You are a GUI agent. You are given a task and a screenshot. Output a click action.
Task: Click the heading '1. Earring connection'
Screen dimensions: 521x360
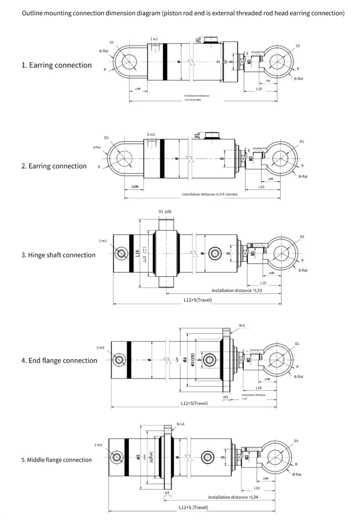click(57, 65)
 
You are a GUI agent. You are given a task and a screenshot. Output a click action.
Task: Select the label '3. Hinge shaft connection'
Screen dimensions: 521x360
click(58, 255)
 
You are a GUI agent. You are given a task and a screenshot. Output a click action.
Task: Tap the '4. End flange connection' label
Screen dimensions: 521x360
click(59, 361)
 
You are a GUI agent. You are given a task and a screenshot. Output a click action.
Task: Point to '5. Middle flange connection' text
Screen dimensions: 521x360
click(57, 460)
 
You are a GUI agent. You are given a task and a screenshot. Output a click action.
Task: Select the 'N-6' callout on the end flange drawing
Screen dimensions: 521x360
click(242, 325)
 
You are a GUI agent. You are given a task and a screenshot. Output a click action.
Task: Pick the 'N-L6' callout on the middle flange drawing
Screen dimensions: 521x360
click(180, 424)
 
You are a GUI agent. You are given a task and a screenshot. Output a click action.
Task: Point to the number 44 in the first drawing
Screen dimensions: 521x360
click(218, 62)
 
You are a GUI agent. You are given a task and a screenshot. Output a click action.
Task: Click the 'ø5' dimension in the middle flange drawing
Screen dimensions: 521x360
click(139, 457)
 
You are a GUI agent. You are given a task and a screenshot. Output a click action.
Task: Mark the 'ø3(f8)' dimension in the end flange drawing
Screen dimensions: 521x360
click(192, 360)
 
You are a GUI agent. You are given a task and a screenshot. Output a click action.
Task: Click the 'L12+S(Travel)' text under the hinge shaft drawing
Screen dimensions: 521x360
click(198, 300)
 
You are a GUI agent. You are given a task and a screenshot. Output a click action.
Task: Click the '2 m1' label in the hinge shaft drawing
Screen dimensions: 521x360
click(102, 241)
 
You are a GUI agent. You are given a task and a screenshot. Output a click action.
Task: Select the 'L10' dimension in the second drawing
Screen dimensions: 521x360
click(261, 187)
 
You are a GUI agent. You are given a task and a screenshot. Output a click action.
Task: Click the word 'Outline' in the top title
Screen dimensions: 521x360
click(32, 13)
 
